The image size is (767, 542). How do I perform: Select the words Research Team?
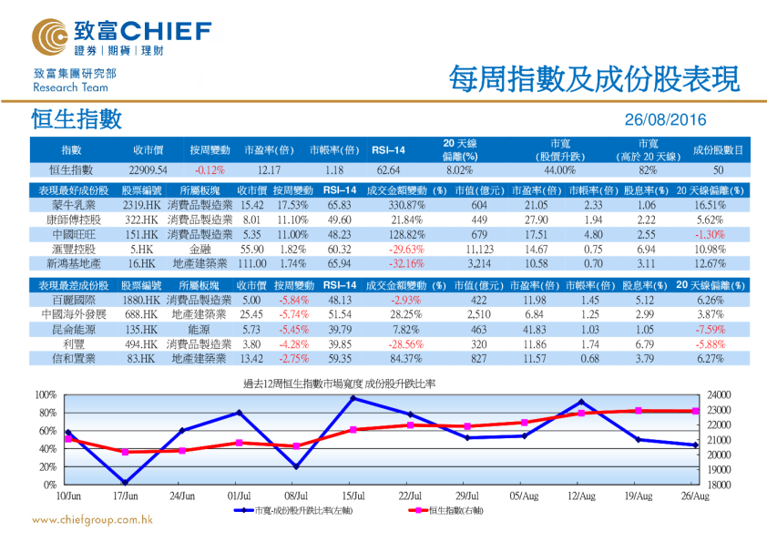(70, 87)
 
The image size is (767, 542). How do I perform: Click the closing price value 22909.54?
(148, 169)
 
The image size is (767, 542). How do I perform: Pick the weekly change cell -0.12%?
(210, 169)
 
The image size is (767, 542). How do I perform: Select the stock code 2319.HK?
(141, 206)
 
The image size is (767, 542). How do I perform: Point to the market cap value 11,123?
(479, 249)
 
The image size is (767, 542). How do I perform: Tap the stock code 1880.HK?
(141, 300)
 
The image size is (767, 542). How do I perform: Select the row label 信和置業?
(73, 359)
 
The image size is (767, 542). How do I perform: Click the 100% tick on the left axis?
(45, 394)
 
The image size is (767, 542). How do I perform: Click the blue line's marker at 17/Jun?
(125, 483)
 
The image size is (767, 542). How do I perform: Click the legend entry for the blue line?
(290, 511)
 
